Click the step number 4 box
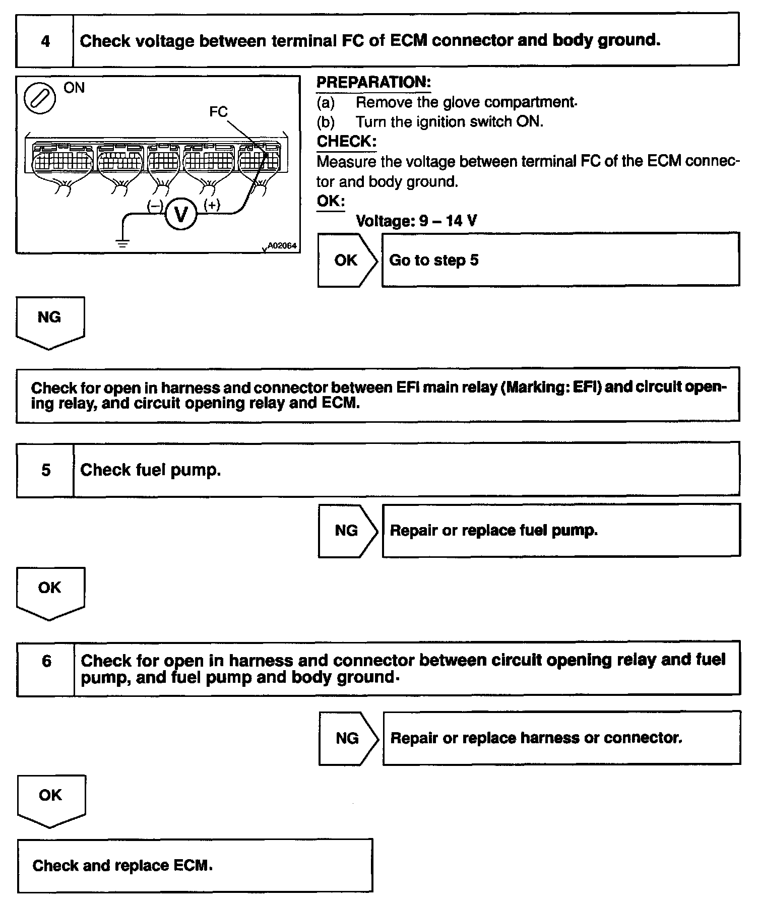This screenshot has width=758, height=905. pos(45,41)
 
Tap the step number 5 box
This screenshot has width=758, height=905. pos(45,470)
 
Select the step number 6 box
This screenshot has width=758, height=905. pos(46,661)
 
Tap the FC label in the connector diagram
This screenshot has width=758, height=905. pos(218,111)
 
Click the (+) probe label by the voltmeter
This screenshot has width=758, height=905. pos(212,205)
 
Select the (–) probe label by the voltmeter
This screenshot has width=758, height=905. pos(155,206)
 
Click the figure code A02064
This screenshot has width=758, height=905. pos(282,246)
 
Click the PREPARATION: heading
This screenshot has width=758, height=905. pos(373,82)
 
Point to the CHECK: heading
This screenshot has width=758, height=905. pos(346,142)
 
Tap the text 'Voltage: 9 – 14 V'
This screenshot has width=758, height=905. pos(416,221)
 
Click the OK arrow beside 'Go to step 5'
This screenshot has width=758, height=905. pos(347,260)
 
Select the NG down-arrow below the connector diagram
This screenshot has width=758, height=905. pos(49,320)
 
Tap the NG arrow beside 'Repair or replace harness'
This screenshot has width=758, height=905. pos(348,738)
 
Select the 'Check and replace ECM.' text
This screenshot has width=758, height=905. pos(122,866)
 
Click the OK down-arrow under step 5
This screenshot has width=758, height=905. pos(50,591)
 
